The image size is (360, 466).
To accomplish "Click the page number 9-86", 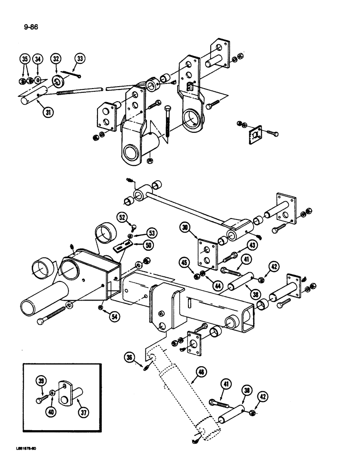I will [x=31, y=27].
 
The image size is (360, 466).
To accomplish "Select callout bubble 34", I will [x=39, y=59].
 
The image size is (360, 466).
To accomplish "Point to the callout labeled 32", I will [x=56, y=59].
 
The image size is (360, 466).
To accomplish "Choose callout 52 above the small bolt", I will [x=122, y=217].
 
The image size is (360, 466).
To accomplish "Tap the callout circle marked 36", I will [x=129, y=357].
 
